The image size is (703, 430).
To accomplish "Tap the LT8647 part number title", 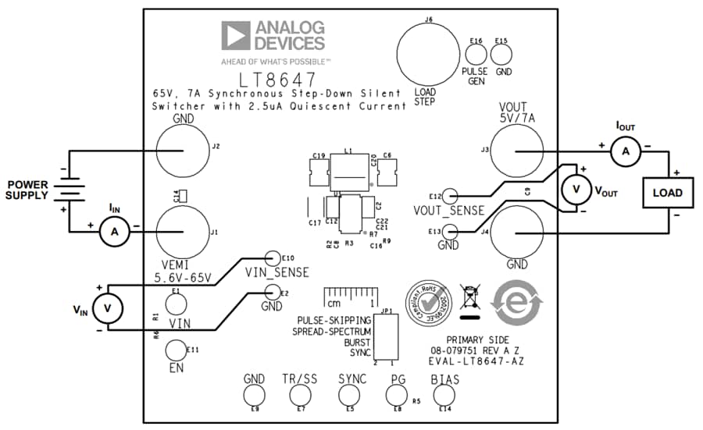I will click(278, 80).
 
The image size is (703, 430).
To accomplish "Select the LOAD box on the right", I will click(667, 193).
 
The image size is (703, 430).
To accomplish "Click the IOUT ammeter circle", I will click(624, 154).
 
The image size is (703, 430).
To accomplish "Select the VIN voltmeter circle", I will click(109, 309).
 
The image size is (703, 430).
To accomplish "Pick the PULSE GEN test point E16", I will click(476, 55).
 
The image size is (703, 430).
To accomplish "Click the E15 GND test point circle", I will click(501, 55).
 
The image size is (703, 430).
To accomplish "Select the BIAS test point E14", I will click(445, 396).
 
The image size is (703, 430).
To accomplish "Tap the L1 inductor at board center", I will click(350, 173).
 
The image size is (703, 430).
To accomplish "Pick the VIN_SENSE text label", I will click(277, 272).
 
